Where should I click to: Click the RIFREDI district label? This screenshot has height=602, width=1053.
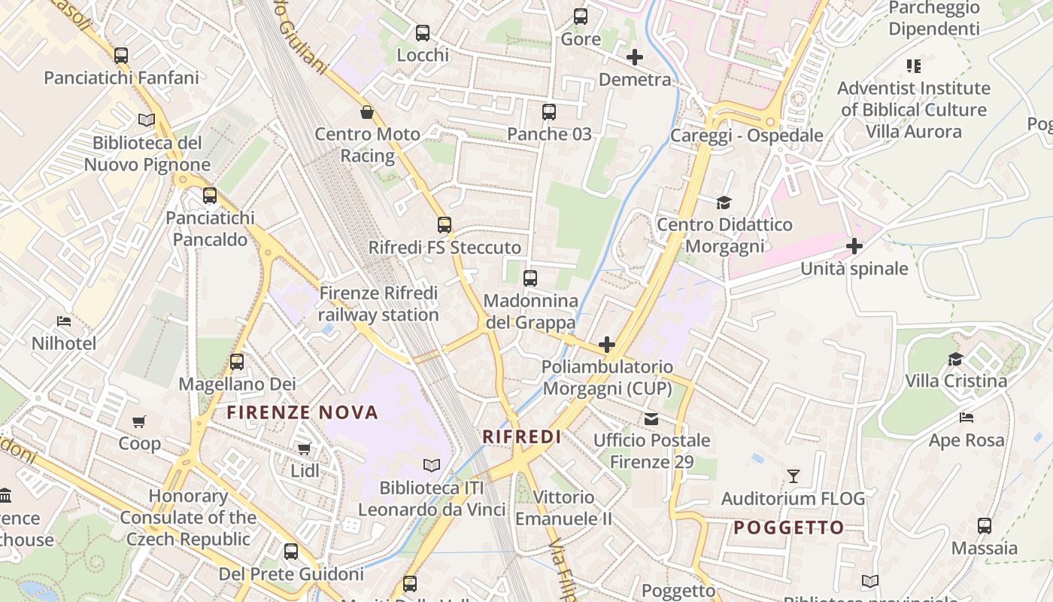coord(522,436)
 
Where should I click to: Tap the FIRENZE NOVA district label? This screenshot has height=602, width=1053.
coord(302,412)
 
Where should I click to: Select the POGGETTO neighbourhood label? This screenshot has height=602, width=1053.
coord(789,528)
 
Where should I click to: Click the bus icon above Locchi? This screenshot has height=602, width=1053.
coord(423,33)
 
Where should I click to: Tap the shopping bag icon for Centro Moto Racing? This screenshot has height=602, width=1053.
coord(367,112)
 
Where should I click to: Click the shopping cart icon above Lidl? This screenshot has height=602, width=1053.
coord(304,448)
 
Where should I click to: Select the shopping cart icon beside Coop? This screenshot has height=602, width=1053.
coord(139,421)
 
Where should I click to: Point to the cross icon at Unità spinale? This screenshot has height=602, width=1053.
coord(854,246)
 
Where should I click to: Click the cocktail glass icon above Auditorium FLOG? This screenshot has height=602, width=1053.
coord(793,476)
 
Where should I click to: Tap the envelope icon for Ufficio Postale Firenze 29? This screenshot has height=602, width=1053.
coord(651,418)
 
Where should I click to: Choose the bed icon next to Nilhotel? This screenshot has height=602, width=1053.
coord(64,321)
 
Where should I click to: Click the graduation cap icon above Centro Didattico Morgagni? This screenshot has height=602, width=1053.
coord(724,202)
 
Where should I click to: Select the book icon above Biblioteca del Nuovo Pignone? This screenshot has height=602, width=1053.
coord(147,120)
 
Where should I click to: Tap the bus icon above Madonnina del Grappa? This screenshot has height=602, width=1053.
coord(530,278)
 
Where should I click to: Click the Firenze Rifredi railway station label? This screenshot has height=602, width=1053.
coord(378,304)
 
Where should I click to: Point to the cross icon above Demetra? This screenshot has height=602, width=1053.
coord(635,56)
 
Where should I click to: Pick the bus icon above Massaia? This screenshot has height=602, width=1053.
coord(985,526)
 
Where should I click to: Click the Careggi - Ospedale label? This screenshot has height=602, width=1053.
coord(746,136)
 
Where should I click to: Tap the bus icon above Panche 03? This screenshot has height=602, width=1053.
coord(549,112)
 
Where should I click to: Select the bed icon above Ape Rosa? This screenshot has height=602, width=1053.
coord(967,418)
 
